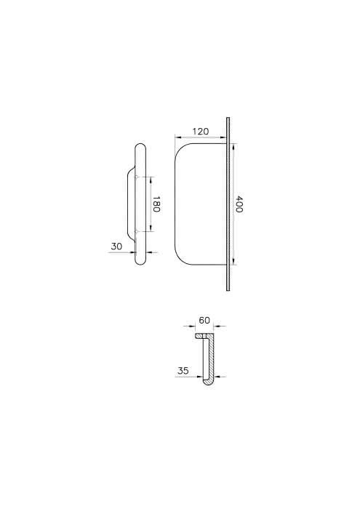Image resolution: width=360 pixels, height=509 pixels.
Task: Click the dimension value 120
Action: [201, 132]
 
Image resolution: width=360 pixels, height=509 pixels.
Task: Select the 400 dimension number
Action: [239, 204]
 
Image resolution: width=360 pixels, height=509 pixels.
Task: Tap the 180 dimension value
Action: [156, 204]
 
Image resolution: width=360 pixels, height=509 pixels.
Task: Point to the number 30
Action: [116, 247]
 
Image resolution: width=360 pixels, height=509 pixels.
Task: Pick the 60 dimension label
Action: [204, 321]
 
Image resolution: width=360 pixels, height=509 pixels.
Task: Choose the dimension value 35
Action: [183, 371]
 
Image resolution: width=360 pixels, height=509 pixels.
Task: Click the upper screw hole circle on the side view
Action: [137, 177]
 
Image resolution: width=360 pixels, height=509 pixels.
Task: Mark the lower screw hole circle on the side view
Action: [137, 231]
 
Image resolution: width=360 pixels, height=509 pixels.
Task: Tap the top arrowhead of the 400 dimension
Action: [233, 146]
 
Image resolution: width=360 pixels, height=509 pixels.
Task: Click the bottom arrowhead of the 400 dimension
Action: [233, 262]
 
